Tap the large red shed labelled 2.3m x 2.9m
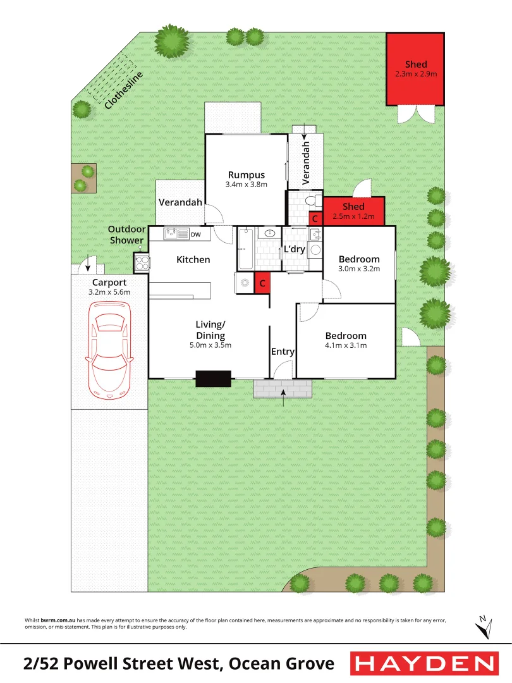(x=416, y=70)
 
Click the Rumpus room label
(x=246, y=175)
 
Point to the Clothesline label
(x=123, y=91)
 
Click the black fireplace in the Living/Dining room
(x=213, y=378)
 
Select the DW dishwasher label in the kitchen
(x=195, y=235)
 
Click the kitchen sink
(x=172, y=234)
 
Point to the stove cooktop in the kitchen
(x=141, y=261)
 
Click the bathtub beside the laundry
(x=245, y=248)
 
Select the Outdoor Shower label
(x=126, y=235)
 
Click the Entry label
(x=283, y=352)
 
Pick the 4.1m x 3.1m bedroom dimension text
(x=346, y=345)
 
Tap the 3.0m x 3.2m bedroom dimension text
(x=359, y=268)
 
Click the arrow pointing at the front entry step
(x=283, y=395)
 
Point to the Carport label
(x=109, y=282)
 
